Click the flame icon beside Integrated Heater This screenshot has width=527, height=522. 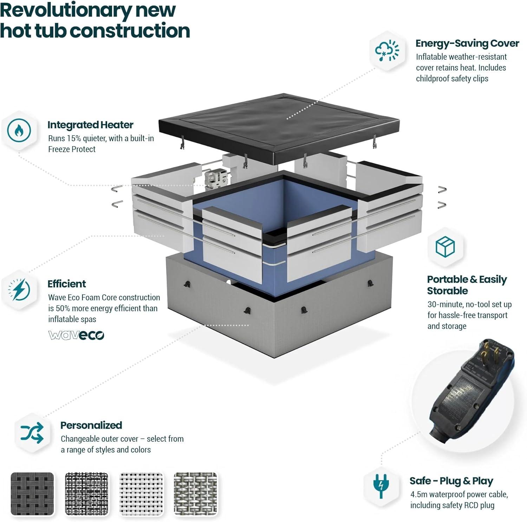pos(19,131)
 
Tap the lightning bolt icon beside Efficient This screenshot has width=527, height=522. pos(19,290)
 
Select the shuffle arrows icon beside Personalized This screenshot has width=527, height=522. pos(32,433)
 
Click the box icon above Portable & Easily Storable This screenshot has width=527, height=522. pos(445,247)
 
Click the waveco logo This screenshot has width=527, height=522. pos(76,335)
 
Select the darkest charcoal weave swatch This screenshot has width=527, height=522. pos(32,494)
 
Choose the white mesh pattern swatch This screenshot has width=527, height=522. pos(141,494)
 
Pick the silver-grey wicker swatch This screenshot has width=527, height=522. pos(196,494)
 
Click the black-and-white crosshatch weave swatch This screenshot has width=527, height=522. pos(87,494)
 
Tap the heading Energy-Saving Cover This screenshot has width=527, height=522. pos(467,43)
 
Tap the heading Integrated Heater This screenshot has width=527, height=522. pos(90,125)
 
